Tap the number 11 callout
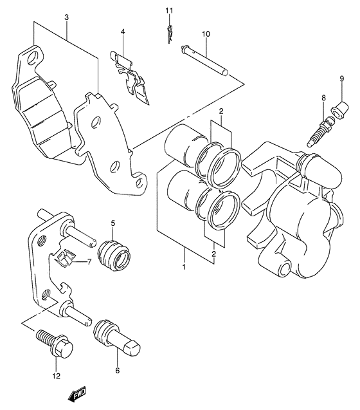[x=169, y=11]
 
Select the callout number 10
[x=206, y=33]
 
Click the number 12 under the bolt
[x=56, y=376]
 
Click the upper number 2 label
[x=220, y=112]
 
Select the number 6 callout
[x=117, y=371]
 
